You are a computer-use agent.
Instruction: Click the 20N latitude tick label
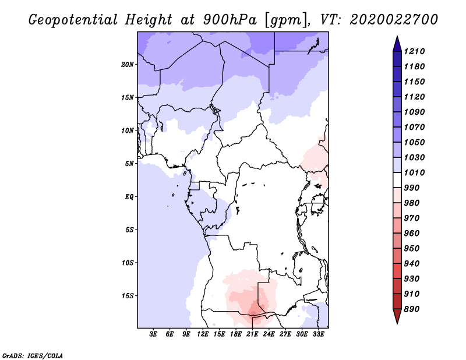click(x=128, y=65)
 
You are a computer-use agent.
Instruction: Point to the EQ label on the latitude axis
click(x=129, y=197)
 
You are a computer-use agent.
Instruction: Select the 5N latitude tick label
click(x=129, y=164)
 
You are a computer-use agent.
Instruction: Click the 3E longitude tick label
click(x=153, y=334)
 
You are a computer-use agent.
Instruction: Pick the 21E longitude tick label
click(x=252, y=334)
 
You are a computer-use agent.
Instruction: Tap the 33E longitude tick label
click(x=318, y=334)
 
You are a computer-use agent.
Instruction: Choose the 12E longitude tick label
click(x=203, y=334)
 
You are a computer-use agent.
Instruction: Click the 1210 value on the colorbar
click(x=414, y=51)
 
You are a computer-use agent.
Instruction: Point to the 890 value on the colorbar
click(x=412, y=309)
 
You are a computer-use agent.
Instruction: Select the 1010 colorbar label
click(x=414, y=172)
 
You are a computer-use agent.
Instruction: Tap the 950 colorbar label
click(x=412, y=249)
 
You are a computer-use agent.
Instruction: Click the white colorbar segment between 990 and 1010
click(x=397, y=180)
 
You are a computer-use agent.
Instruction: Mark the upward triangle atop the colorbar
click(x=397, y=44)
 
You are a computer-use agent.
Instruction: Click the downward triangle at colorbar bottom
click(x=397, y=316)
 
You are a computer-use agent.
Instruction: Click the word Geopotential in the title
click(x=73, y=20)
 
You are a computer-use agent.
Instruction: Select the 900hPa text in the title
click(x=230, y=20)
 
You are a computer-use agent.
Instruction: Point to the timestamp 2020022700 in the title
click(x=394, y=20)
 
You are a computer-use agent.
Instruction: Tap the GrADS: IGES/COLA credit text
click(x=33, y=356)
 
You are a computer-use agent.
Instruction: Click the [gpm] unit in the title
click(x=287, y=20)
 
